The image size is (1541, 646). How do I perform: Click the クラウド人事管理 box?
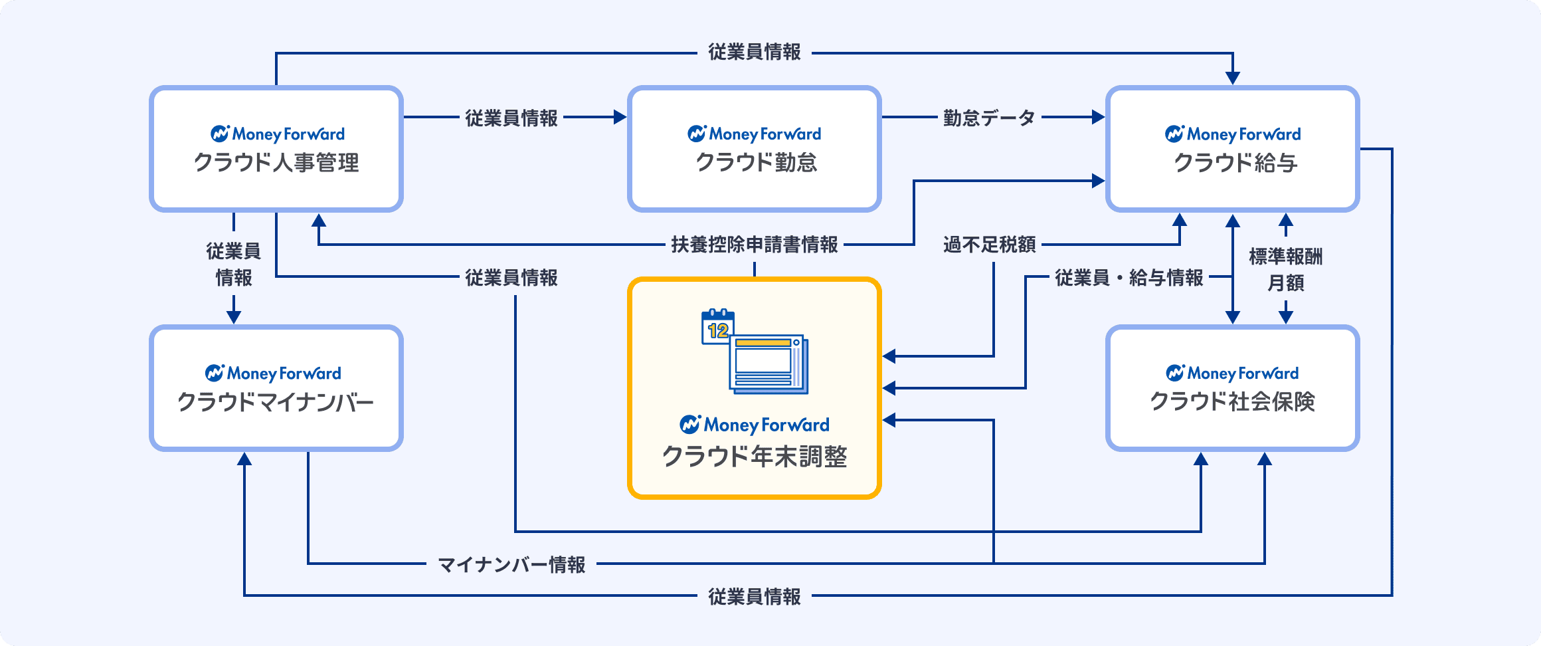276,149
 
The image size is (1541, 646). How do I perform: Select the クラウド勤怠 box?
755,149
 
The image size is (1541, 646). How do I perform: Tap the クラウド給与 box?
1233,149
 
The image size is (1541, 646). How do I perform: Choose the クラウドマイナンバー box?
276,388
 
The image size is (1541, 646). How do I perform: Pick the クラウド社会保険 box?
1233,388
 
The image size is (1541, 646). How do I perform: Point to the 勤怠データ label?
989,118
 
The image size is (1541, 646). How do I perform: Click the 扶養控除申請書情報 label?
755,245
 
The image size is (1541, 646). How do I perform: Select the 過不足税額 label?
989,245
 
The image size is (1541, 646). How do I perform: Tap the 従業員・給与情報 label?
1129,278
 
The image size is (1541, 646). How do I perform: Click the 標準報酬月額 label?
1286,269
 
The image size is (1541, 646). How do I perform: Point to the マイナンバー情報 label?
511,565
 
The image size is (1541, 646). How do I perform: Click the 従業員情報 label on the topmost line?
755,52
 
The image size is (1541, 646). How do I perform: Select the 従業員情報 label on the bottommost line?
755,597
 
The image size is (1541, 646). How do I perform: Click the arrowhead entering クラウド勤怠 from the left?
620,118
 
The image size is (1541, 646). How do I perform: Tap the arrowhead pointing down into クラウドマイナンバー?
234,316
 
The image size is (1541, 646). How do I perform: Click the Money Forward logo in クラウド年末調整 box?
755,424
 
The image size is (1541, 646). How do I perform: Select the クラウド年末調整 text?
755,457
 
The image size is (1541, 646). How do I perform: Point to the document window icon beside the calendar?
769,364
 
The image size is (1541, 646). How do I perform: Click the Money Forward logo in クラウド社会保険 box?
1233,373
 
